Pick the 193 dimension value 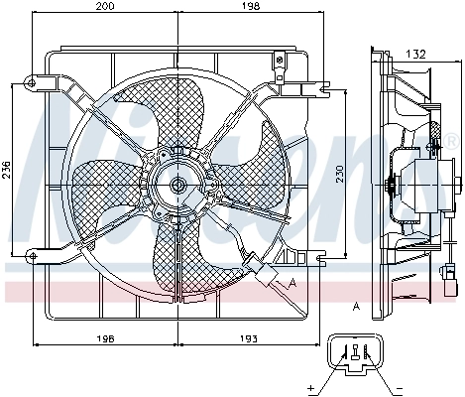[x=248, y=339]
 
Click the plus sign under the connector [x=310, y=386]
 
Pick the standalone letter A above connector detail [x=354, y=306]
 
